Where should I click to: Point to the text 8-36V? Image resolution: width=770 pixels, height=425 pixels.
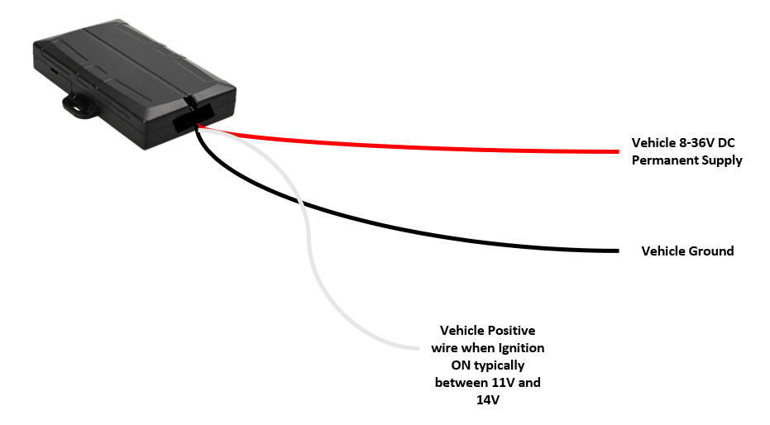[696, 143]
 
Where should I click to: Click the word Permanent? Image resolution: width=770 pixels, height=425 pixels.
[664, 160]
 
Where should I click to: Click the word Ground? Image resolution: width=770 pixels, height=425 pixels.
[711, 251]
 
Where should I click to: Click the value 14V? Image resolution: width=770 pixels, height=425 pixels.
[488, 400]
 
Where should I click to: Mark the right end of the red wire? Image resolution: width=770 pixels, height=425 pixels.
[619, 151]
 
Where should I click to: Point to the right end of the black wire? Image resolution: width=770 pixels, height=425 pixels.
[619, 251]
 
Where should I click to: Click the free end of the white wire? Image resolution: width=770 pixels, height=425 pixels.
[418, 348]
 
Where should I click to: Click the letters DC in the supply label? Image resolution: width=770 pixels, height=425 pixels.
[726, 143]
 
